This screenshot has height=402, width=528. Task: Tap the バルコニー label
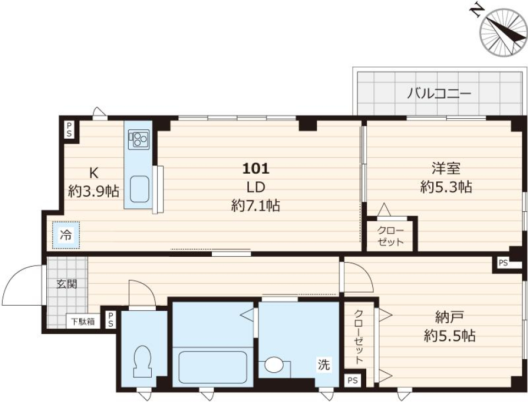point(439,93)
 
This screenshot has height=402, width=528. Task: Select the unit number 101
point(255,167)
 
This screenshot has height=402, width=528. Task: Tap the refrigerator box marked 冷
point(66,235)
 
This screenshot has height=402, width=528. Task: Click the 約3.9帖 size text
point(94,191)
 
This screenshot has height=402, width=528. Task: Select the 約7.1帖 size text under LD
point(255,205)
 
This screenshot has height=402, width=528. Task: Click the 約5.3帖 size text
point(446,187)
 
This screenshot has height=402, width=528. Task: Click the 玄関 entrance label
point(66,284)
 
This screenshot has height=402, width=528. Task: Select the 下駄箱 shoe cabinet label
point(84,321)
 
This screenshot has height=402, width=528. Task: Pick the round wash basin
point(273,366)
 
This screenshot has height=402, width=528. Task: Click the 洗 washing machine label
point(325,364)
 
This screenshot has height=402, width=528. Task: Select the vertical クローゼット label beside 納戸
point(359,337)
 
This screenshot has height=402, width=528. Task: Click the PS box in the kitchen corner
point(69,129)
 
